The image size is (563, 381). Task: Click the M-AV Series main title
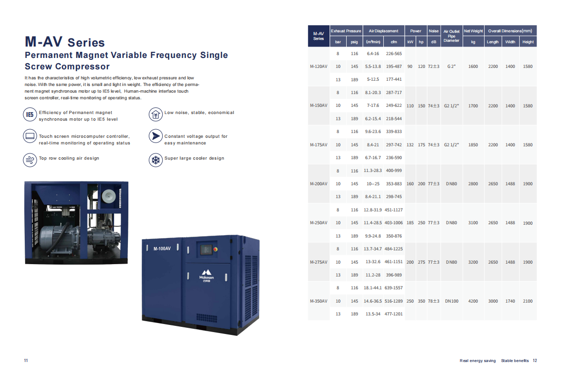tap(65, 42)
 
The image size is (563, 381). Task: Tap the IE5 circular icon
tap(30, 114)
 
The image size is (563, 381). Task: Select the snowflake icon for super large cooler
tap(155, 160)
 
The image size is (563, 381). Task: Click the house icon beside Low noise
tap(155, 114)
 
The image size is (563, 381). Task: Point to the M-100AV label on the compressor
tap(162, 248)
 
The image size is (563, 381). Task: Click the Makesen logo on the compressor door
tap(206, 276)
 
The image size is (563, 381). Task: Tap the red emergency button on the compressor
tap(215, 249)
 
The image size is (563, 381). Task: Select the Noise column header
tap(433, 31)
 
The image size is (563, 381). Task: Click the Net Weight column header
tap(473, 31)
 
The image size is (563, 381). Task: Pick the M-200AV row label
tap(319, 184)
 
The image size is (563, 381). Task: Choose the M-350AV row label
tap(319, 301)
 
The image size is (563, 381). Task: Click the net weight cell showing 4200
tap(473, 301)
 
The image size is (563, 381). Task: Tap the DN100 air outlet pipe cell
tap(452, 301)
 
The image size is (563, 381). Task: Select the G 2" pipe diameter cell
tap(451, 67)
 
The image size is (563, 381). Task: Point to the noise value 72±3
tap(433, 67)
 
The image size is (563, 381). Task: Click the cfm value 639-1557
tap(394, 288)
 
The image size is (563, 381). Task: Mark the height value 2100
tap(528, 301)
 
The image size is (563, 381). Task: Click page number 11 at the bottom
tap(26, 361)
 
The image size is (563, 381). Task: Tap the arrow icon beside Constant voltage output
tap(155, 136)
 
